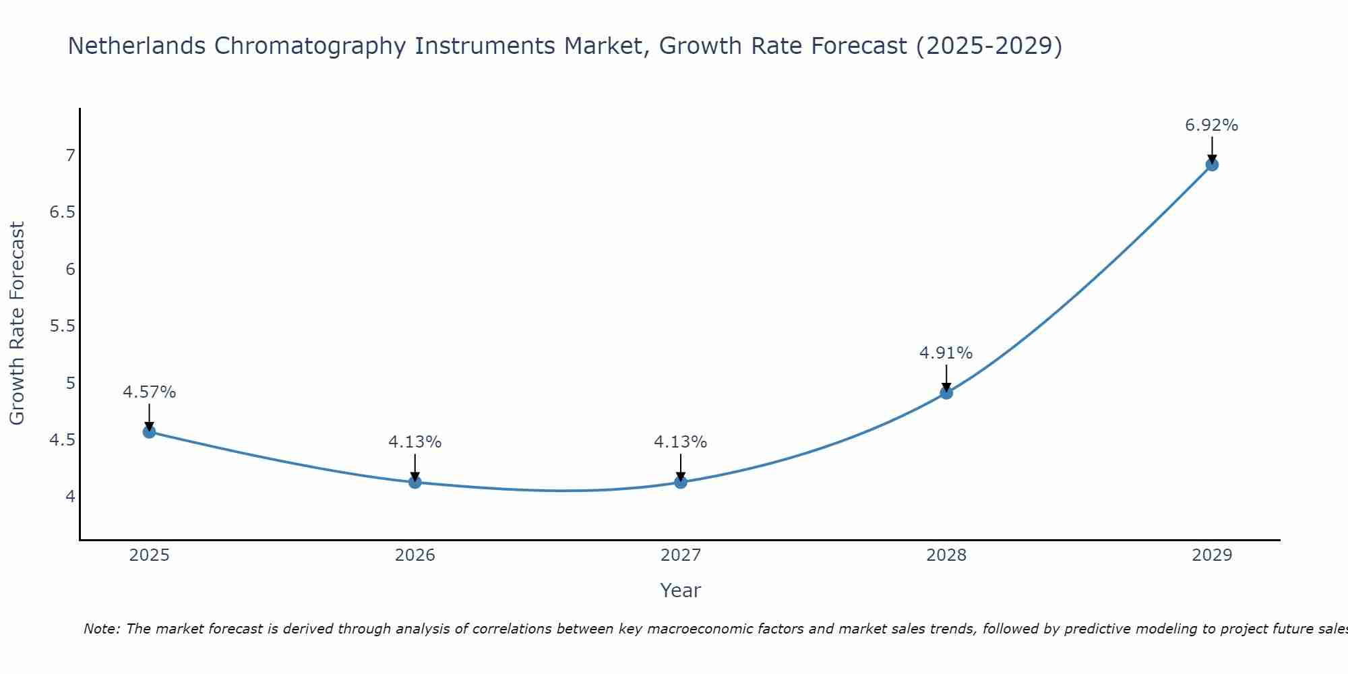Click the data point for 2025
149,432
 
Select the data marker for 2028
946,393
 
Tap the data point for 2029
1212,164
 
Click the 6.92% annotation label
1211,125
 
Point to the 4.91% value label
946,353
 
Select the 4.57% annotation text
149,392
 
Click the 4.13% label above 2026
415,442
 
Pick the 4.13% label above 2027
680,442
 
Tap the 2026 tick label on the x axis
415,555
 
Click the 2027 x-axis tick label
680,555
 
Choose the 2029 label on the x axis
1212,555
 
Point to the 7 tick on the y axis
70,156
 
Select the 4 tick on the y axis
70,497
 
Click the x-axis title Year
680,590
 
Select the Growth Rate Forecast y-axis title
17,324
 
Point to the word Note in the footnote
101,629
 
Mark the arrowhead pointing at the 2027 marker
680,477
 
